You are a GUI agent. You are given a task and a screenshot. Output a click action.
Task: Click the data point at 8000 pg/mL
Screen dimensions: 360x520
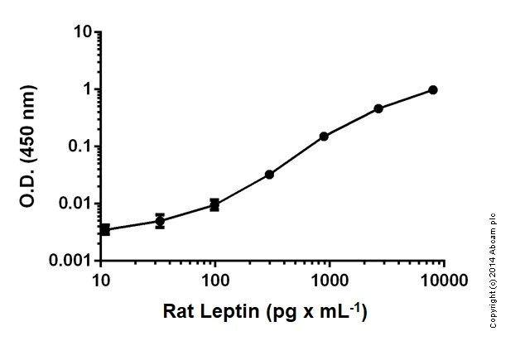433,89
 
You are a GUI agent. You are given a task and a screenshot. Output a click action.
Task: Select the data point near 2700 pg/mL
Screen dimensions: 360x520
378,108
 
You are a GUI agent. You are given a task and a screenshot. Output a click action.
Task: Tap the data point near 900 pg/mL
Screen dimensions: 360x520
324,136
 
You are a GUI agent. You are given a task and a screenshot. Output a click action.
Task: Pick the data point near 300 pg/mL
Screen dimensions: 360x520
269,175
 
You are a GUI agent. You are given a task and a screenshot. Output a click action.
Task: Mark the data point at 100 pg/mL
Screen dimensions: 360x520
214,204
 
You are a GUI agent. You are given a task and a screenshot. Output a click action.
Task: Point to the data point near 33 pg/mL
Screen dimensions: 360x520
160,221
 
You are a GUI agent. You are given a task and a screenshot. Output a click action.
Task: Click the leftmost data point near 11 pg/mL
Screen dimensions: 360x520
105,229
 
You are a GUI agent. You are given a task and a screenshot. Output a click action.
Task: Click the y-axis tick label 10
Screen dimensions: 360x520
82,32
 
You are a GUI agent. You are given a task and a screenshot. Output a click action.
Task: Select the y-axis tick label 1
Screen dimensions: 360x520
86,89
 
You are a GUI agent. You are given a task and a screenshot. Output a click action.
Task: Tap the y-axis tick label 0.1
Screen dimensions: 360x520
79,146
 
